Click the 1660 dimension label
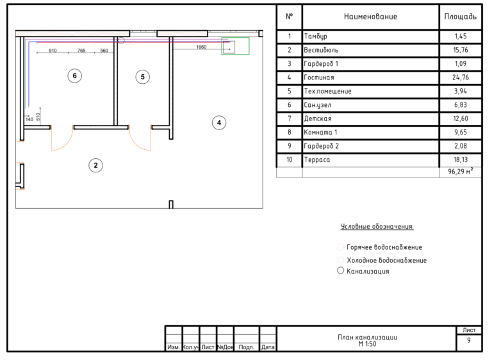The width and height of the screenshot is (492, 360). click(x=201, y=47)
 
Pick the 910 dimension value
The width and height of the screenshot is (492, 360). click(x=53, y=51)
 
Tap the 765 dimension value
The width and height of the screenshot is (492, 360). click(x=81, y=51)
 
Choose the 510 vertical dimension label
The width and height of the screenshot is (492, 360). click(x=38, y=117)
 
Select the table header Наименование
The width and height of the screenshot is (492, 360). click(x=370, y=17)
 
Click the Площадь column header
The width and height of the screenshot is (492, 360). click(x=461, y=17)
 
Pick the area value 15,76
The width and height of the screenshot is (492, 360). click(x=461, y=50)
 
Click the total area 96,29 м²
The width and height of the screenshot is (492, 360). click(x=461, y=172)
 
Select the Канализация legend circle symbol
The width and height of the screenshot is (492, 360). click(x=340, y=270)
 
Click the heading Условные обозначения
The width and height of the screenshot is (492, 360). click(x=377, y=227)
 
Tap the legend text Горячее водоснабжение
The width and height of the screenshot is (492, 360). click(x=384, y=247)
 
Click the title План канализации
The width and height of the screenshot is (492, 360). click(x=368, y=337)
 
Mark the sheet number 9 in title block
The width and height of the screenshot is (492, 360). click(x=469, y=340)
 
